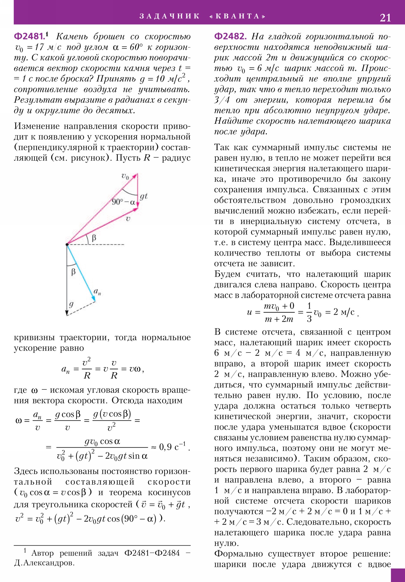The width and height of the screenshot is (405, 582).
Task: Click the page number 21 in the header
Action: click(385, 18)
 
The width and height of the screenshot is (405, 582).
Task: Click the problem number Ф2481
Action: click(29, 37)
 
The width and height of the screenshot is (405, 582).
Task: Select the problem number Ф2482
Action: click(230, 37)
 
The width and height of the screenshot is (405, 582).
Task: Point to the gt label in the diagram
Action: click(144, 196)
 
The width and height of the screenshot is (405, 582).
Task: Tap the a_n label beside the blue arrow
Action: click(97, 292)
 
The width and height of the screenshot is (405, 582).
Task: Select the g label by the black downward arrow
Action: click(72, 304)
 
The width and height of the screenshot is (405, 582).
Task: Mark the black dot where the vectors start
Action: click(67, 244)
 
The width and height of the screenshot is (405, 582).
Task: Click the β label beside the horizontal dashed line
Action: click(94, 238)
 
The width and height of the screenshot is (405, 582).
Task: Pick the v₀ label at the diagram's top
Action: click(125, 176)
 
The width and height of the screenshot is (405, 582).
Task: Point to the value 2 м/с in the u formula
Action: click(344, 312)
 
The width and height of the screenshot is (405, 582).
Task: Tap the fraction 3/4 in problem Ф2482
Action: click(222, 100)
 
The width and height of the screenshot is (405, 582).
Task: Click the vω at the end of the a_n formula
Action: click(135, 369)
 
